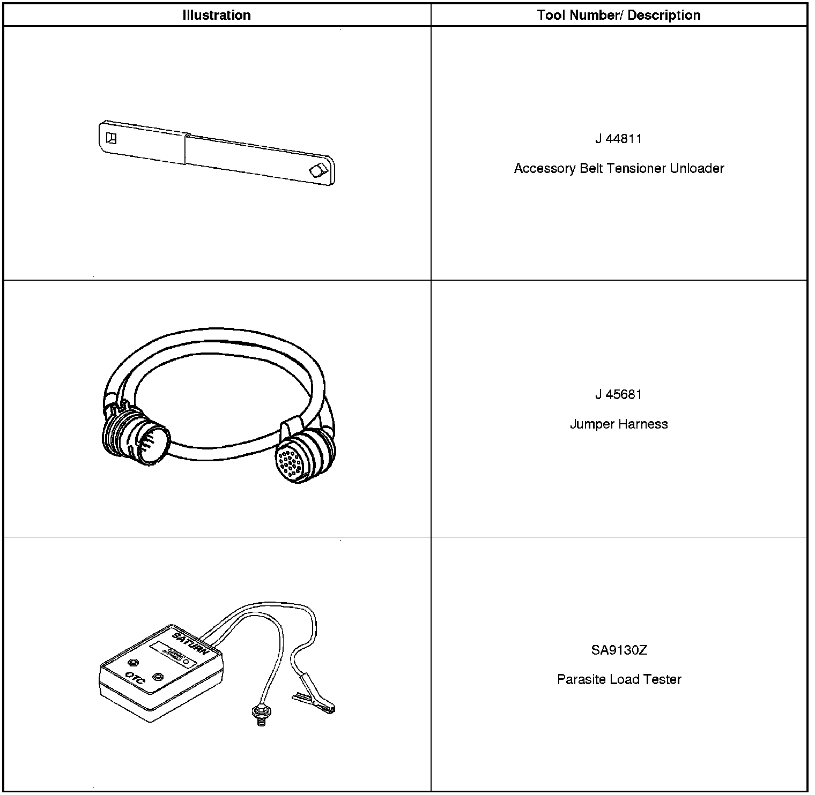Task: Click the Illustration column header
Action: point(217,15)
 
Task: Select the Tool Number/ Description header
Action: point(619,15)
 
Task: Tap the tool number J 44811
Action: point(618,139)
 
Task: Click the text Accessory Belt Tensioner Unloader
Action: point(619,168)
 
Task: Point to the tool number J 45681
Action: point(618,394)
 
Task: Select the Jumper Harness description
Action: point(619,424)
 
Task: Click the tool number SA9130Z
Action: point(619,650)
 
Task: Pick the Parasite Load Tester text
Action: point(619,679)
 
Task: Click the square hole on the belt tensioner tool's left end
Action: point(112,138)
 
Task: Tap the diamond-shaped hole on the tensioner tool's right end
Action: point(317,170)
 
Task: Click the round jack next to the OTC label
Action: point(157,676)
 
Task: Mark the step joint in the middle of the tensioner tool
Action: point(186,149)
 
